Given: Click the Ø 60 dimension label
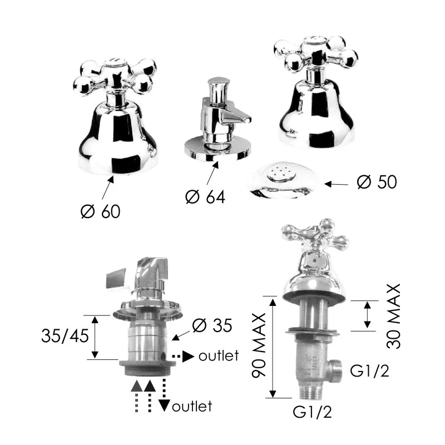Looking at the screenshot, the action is coord(101,211).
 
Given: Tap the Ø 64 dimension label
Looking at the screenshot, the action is coord(205,197).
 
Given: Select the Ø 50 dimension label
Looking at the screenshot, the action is coord(377,182).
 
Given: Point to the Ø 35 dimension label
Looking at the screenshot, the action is coord(212,325).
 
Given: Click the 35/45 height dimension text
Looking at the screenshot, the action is coord(65,336).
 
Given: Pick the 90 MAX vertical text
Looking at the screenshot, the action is coord(259,345).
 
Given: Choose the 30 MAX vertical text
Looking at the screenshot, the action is coord(394,316).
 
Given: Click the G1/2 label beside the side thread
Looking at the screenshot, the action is coord(369,370).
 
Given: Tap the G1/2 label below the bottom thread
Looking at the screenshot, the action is coord(312,412).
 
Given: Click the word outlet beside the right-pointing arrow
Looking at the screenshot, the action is coord(219,356).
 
